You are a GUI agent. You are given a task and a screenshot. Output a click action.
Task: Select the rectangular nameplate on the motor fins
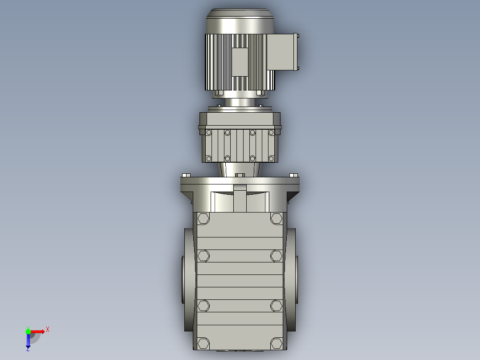click(x=240, y=62)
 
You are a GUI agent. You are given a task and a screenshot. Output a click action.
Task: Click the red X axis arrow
click(x=38, y=331)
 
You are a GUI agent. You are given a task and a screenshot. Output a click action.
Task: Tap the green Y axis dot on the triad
click(x=28, y=331)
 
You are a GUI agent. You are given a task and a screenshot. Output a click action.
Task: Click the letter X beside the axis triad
click(x=48, y=330)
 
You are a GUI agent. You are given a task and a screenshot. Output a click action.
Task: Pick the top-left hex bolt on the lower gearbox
click(x=203, y=218)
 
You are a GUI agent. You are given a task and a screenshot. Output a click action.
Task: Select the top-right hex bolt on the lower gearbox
click(x=276, y=218)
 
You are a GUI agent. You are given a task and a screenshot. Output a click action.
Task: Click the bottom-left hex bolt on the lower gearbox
click(x=203, y=343)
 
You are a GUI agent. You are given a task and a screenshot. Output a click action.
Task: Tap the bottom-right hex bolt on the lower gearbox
click(x=276, y=343)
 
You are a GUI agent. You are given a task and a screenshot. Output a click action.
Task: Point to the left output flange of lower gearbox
click(x=187, y=279)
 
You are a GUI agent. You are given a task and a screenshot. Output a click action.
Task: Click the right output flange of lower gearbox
click(x=291, y=279)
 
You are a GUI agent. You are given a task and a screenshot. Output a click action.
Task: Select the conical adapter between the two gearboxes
click(x=240, y=169)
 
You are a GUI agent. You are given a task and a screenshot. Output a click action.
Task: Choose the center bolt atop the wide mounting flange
click(x=240, y=176)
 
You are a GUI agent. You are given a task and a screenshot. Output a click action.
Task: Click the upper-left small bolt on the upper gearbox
click(x=208, y=132)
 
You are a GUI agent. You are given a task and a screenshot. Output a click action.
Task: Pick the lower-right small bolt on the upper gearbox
click(x=271, y=158)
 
